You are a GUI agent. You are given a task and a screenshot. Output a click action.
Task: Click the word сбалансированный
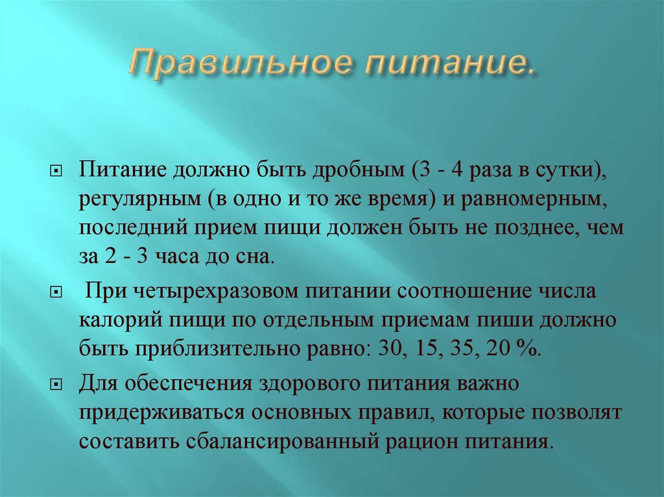pyautogui.click(x=281, y=442)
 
